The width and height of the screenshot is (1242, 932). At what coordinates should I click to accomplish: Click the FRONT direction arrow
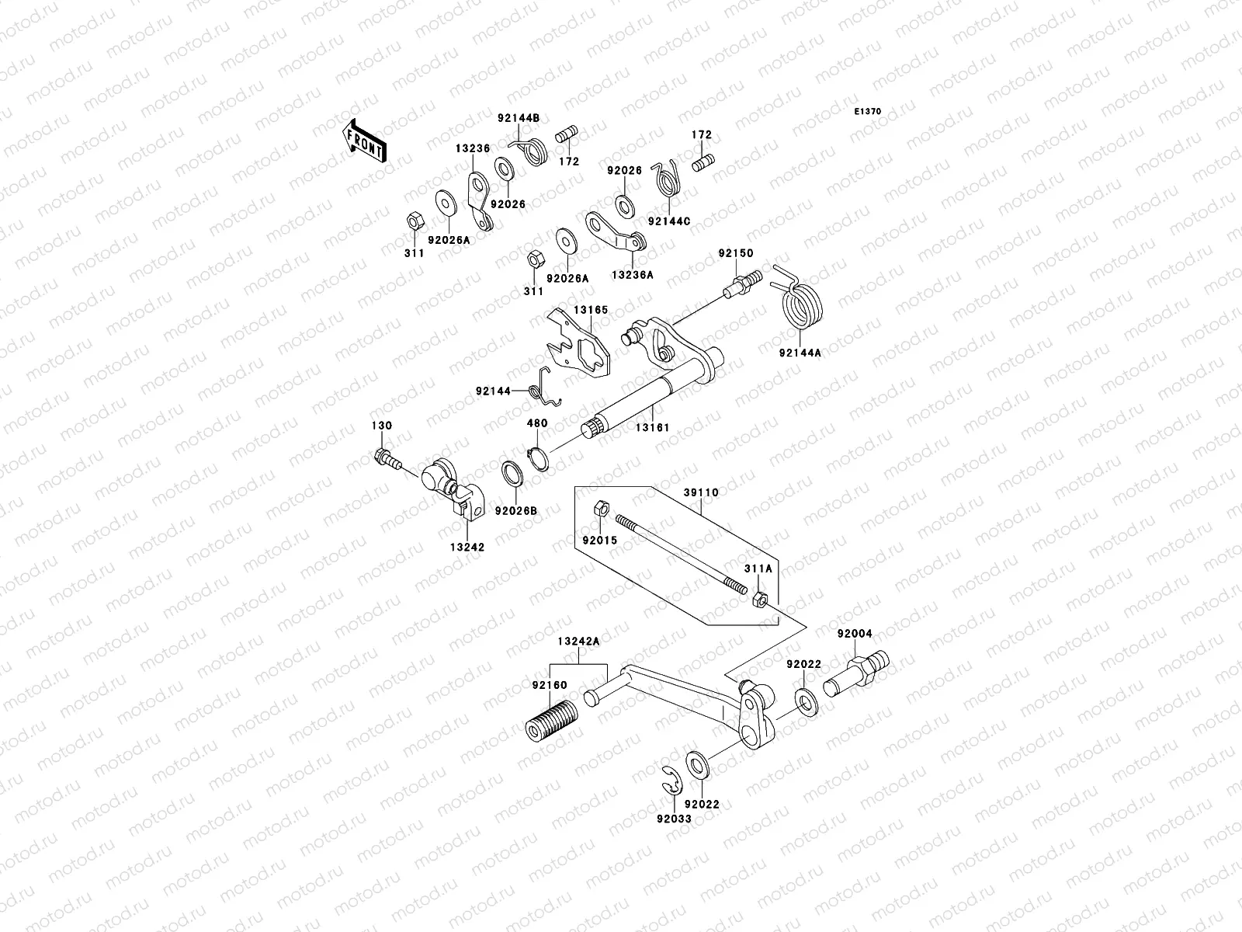366,141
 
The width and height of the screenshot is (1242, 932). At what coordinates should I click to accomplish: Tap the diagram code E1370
868,112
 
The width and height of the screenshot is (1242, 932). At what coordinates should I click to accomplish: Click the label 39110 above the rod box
701,492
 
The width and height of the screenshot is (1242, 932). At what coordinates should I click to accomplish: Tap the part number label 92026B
515,511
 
